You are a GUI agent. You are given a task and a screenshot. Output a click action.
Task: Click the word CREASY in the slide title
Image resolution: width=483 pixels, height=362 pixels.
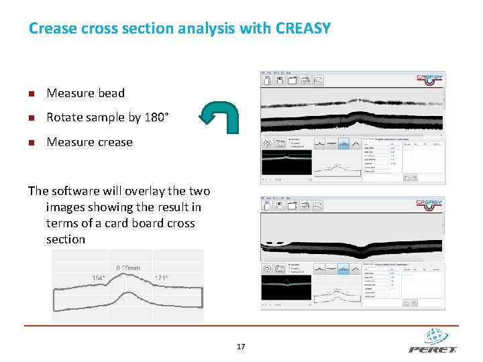pos(303,29)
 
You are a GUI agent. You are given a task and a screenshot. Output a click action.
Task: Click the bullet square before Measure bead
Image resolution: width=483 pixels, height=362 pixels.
pos(32,94)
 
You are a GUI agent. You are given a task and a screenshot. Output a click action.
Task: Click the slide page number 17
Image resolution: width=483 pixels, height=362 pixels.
pos(241,347)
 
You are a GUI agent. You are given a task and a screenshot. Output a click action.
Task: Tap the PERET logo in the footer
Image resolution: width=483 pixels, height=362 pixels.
pos(433,341)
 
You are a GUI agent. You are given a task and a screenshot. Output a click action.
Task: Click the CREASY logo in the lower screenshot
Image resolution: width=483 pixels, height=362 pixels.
pos(429,204)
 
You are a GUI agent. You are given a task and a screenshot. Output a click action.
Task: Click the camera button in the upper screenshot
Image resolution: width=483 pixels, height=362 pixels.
pos(279,143)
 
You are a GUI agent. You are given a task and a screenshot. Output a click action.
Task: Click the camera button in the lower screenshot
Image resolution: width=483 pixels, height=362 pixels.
pos(279,268)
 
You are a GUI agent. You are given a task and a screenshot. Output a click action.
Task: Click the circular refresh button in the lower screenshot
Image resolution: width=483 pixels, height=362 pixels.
pos(268,268)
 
